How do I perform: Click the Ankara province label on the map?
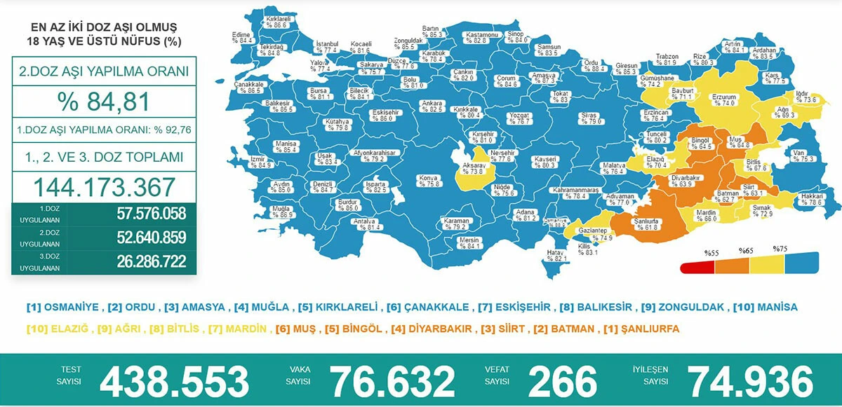pos(431,106)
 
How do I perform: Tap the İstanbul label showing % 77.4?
pos(327,47)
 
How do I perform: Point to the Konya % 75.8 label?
pos(429,181)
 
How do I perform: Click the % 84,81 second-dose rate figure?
pos(104,102)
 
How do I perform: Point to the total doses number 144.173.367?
pos(104,187)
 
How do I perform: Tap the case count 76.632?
pos(393,382)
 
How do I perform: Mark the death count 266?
pos(562,382)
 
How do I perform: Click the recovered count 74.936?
pos(751,382)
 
